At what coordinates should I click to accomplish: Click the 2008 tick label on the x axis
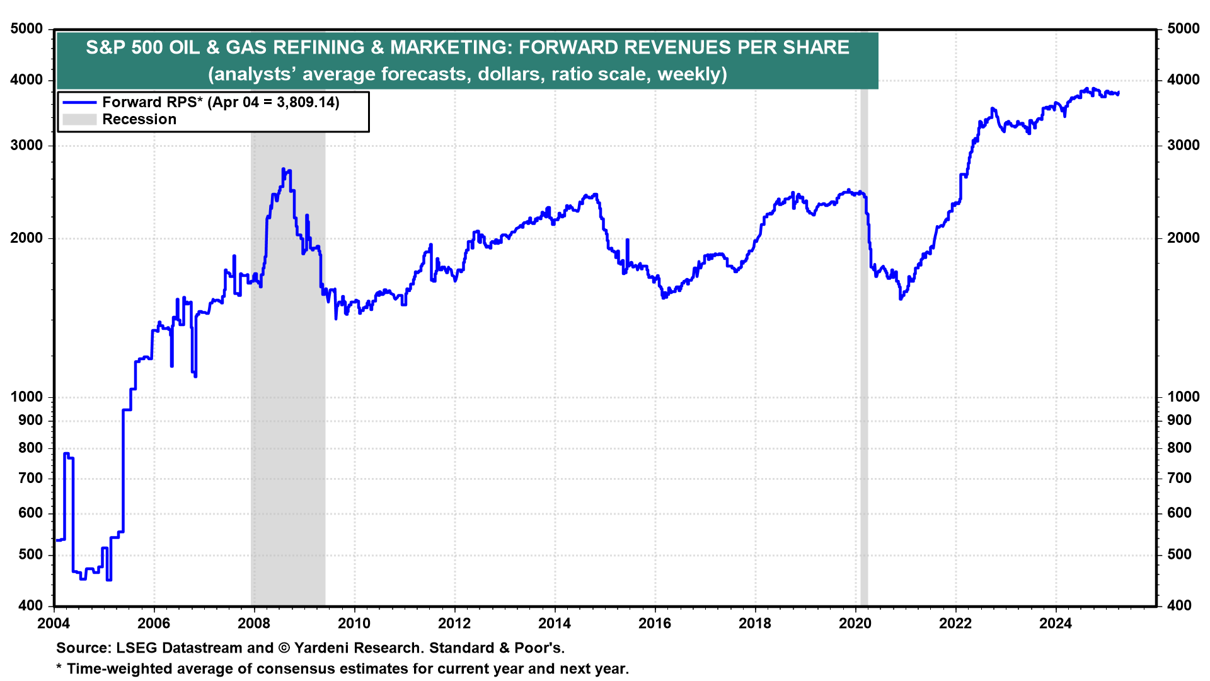tap(254, 624)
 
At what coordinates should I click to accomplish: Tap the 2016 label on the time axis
tap(655, 624)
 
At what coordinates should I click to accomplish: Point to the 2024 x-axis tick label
tap(1056, 624)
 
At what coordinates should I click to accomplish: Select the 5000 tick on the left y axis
tap(27, 29)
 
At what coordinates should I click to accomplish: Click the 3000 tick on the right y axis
tap(1184, 145)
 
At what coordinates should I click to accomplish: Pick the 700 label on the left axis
tap(31, 478)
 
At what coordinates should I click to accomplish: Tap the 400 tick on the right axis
tap(1179, 605)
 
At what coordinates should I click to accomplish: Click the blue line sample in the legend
tap(79, 102)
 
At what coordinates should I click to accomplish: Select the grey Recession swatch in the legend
tap(79, 119)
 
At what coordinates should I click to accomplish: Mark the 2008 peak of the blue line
tap(283, 169)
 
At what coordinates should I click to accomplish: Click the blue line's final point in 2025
tap(1118, 93)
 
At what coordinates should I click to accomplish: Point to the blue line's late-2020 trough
tap(901, 298)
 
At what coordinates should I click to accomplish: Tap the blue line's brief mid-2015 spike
tap(628, 240)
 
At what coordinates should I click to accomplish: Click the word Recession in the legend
tap(139, 119)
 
